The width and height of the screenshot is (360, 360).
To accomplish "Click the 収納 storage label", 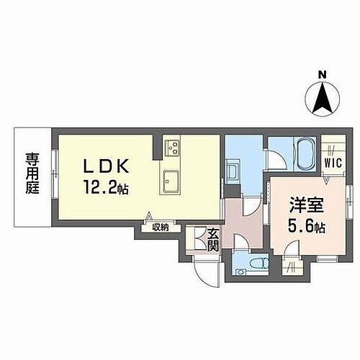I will [x=160, y=228].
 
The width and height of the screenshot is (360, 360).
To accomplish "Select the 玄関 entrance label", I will [x=213, y=239].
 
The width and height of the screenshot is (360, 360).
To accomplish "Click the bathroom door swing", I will [x=275, y=158].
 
